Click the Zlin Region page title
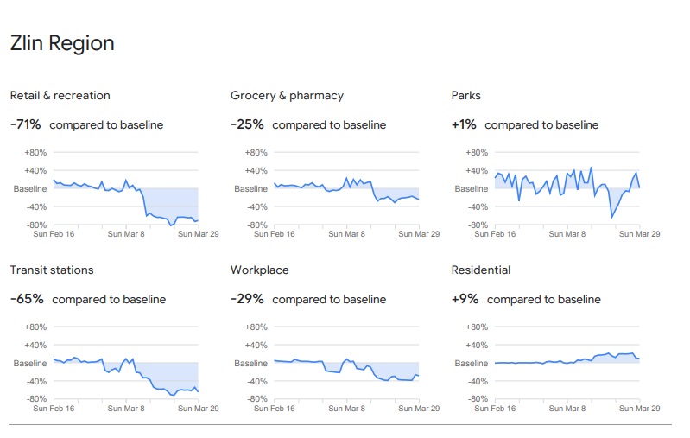pos(62,43)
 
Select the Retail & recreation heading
pos(60,95)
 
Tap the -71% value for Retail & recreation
pos(26,124)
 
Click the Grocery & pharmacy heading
pos(287,95)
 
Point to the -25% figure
pos(247,124)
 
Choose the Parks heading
pos(466,95)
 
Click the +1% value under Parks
pos(464,124)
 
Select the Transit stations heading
pos(52,270)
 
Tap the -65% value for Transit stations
pos(27,299)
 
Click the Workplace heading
pos(259,270)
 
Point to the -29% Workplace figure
pos(247,299)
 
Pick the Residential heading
pos(481,270)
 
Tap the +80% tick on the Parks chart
pos(476,153)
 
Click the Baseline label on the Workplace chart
pos(251,363)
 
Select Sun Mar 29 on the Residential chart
pos(639,408)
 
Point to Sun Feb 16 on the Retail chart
pos(54,233)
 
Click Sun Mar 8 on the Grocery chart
pos(347,233)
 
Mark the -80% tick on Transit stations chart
pos(35,399)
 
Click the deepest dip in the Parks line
pos(611,217)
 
